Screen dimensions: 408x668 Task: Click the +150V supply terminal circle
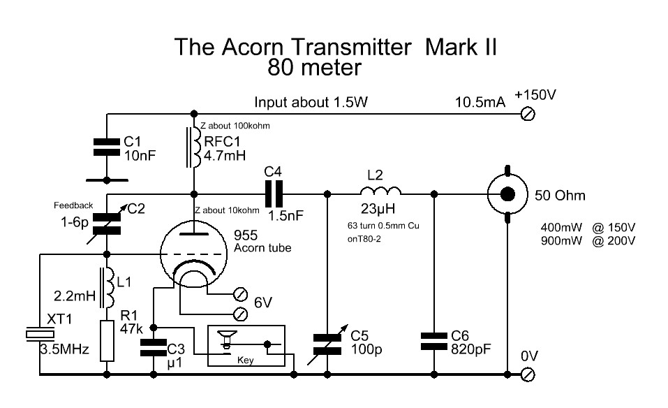point(528,115)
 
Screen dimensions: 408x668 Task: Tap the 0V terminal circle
point(528,374)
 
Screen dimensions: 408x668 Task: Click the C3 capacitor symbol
point(153,347)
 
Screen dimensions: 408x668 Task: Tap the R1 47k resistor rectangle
point(107,340)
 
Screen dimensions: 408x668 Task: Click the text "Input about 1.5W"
point(311,103)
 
